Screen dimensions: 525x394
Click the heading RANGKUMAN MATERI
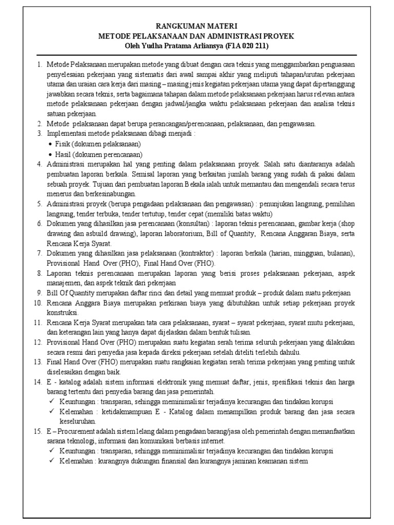click(197, 25)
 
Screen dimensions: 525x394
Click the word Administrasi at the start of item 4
click(66, 164)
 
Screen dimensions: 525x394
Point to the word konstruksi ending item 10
click(62, 313)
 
